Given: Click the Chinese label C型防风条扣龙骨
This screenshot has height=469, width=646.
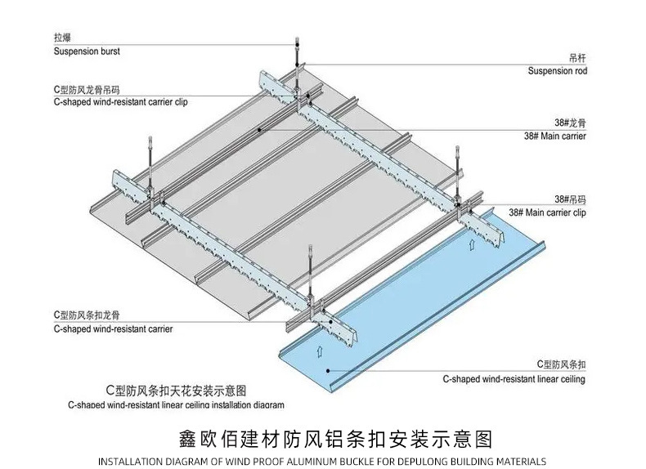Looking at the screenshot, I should pyautogui.click(x=85, y=315).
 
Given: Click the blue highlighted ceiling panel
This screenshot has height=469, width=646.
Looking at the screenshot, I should pyautogui.click(x=409, y=310).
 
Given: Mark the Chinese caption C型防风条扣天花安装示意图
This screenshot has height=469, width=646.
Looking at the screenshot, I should pyautogui.click(x=176, y=390).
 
